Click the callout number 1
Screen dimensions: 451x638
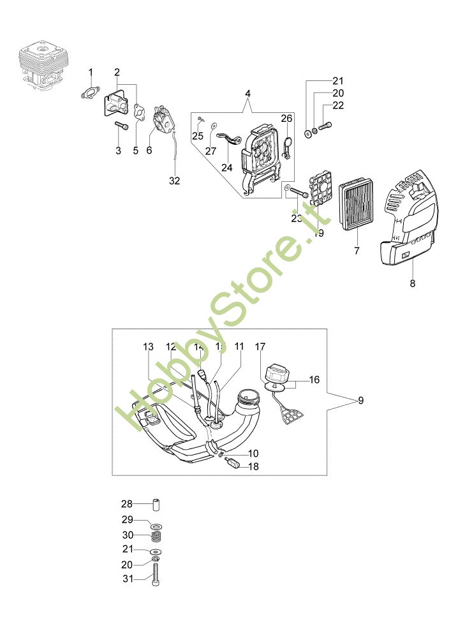[91, 71]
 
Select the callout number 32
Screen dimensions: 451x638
[175, 181]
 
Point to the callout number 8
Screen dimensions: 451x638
[412, 283]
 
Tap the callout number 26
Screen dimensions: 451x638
[287, 119]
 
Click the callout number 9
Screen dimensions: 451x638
[360, 401]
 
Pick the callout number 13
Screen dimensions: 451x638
[148, 347]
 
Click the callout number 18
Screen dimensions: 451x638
[254, 466]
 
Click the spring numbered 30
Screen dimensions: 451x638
[156, 535]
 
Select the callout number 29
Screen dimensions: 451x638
[127, 520]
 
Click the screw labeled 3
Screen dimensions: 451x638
[121, 126]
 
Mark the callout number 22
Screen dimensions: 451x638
[338, 106]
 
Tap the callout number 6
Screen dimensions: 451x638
[149, 151]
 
